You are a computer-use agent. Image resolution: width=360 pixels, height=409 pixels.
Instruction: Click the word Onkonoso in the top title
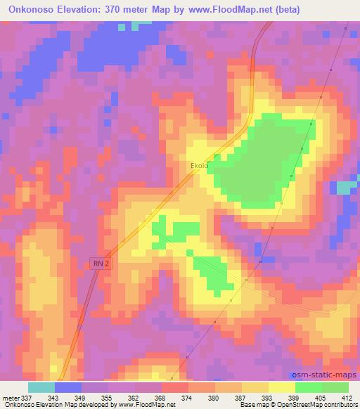pyautogui.click(x=34, y=9)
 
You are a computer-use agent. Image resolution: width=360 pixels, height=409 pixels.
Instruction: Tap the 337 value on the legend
pyautogui.click(x=27, y=398)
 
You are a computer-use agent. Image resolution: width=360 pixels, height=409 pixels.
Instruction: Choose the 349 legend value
pyautogui.click(x=82, y=398)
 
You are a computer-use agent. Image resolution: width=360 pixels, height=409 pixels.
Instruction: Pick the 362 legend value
pyautogui.click(x=135, y=398)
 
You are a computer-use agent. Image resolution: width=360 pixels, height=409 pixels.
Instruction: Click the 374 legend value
pyautogui.click(x=188, y=398)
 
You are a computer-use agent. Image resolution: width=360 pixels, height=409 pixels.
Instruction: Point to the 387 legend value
pyautogui.click(x=242, y=398)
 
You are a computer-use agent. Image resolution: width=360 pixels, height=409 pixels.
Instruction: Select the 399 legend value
pyautogui.click(x=295, y=398)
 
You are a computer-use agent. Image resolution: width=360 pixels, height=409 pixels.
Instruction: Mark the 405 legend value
pyautogui.click(x=322, y=398)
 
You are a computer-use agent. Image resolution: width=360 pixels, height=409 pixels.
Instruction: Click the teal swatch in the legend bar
pyautogui.click(x=41, y=387)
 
